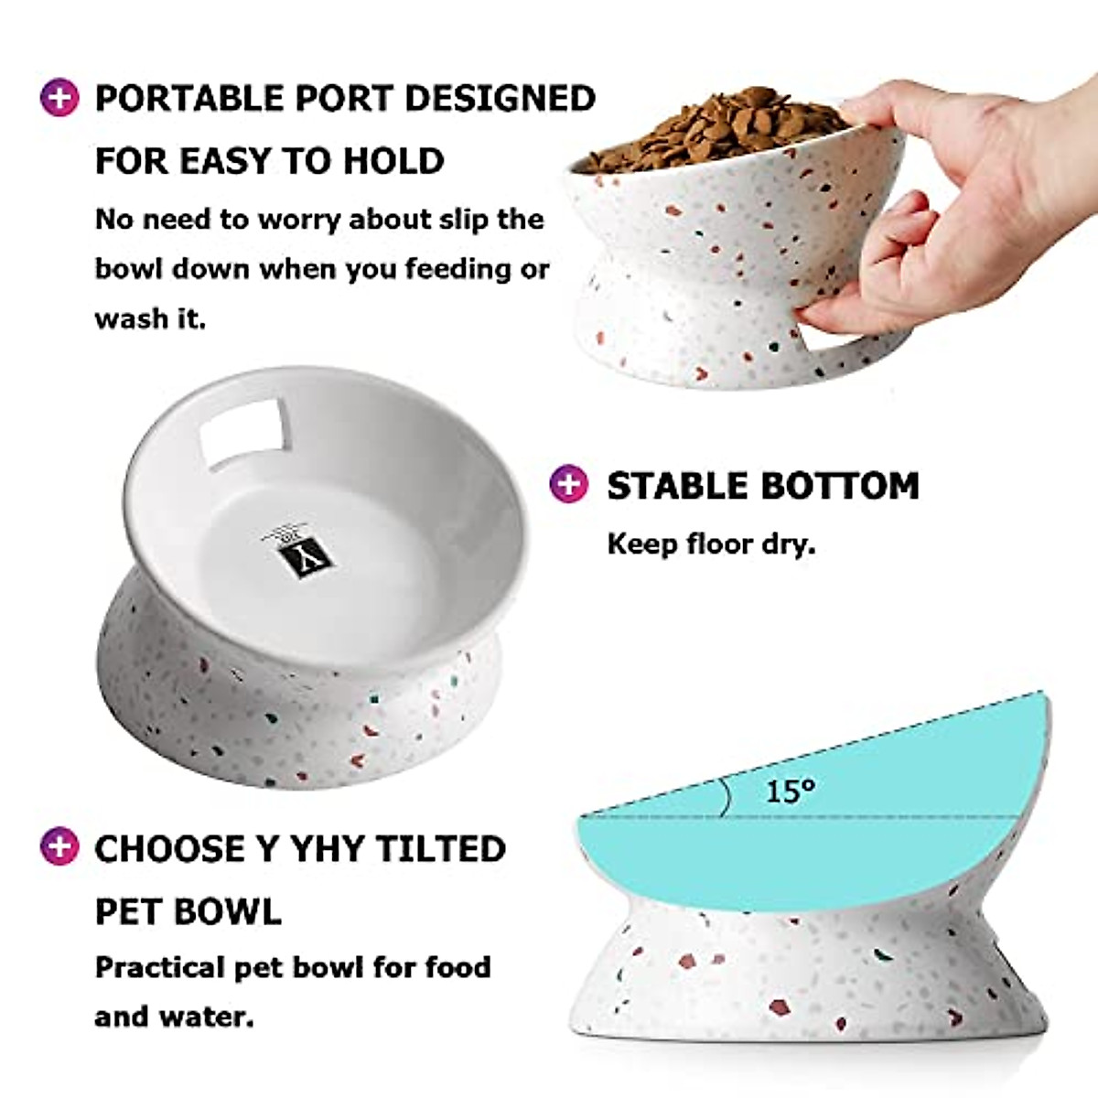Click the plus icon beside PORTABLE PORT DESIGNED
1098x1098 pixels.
tap(59, 98)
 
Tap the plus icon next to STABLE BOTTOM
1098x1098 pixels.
tap(568, 484)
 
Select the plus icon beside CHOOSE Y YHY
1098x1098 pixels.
tap(59, 847)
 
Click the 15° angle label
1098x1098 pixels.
tap(790, 791)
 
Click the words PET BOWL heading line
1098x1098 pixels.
tap(188, 911)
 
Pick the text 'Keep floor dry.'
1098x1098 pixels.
tap(711, 544)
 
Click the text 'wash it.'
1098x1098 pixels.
tap(150, 318)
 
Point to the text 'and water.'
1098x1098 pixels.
tap(174, 1017)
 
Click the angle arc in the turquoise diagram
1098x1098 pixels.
tap(726, 796)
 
